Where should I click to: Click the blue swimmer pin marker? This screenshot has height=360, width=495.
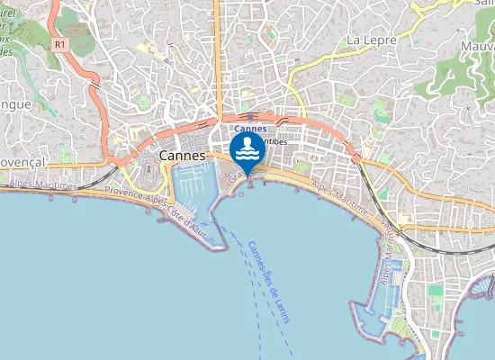point(247,150)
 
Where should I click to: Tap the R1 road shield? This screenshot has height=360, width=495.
point(60,42)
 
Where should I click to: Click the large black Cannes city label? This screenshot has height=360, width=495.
point(184,156)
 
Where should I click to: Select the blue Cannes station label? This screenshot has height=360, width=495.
point(250,128)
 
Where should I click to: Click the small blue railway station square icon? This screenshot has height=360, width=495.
point(249,116)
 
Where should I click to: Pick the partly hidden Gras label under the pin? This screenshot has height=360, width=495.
point(236,179)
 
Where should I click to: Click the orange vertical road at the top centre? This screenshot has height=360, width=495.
point(218,45)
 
